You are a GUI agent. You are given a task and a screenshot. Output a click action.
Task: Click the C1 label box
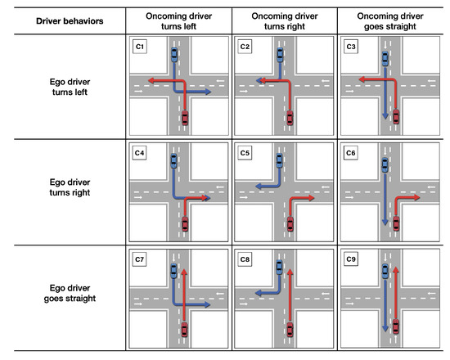[140, 47]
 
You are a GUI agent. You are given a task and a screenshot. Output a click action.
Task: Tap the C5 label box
[245, 153]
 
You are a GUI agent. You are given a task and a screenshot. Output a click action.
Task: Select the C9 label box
[351, 259]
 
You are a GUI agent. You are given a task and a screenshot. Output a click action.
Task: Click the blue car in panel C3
[385, 59]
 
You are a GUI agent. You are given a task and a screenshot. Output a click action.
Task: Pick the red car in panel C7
[185, 330]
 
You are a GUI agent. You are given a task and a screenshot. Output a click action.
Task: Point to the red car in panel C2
[290, 118]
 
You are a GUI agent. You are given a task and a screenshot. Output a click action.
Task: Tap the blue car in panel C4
[173, 160]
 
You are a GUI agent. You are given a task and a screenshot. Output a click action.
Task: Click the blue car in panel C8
[279, 267]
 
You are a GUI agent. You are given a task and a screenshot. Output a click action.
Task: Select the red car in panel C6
[396, 223]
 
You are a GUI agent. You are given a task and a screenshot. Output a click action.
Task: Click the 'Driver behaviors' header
[70, 21]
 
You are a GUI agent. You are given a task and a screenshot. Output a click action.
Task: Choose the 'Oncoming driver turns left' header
[179, 21]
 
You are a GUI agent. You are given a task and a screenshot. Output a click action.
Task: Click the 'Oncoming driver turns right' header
[285, 21]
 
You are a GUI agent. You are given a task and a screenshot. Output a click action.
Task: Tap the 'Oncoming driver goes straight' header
[390, 21]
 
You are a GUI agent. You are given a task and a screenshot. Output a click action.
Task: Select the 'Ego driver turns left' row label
[70, 87]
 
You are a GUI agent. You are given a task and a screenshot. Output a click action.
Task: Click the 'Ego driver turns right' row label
[70, 187]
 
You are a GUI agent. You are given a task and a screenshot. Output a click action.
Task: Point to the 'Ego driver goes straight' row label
[70, 293]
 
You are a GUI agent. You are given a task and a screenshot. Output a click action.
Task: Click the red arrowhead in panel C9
[396, 270]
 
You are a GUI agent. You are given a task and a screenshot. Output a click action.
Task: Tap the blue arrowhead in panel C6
[385, 223]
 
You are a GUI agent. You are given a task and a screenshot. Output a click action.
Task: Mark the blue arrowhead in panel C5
[259, 187]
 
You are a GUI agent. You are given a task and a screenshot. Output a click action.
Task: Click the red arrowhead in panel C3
[362, 79]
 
